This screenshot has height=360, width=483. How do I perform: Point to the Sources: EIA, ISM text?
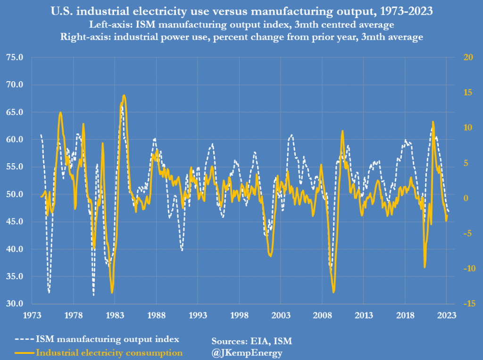point(255,340)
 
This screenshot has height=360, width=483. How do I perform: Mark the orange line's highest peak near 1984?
point(124,95)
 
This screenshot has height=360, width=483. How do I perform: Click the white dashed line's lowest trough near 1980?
point(93,295)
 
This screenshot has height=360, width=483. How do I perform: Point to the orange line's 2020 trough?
point(425,268)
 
